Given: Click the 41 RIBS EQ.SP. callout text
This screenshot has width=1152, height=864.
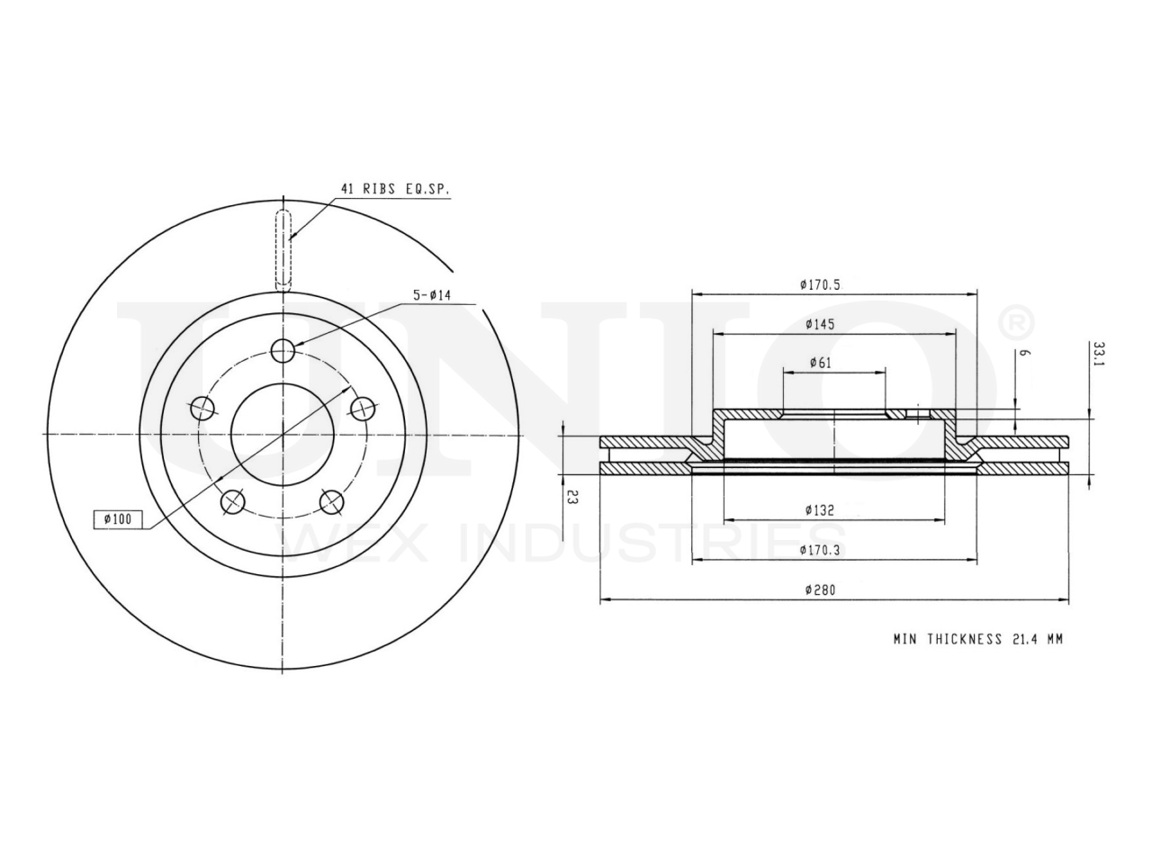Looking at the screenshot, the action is (x=395, y=189).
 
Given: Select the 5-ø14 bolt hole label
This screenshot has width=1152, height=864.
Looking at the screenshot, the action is (x=432, y=295).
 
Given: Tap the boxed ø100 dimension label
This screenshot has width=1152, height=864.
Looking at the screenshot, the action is (x=118, y=519).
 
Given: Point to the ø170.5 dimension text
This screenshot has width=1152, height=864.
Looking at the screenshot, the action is (x=820, y=284).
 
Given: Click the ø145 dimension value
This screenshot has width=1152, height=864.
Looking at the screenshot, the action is (x=820, y=324).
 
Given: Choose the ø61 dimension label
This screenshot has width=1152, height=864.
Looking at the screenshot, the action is (x=820, y=363).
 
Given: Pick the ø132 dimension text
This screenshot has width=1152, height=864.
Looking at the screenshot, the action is (x=819, y=509).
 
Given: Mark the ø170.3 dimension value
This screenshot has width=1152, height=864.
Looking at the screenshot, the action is (x=819, y=550).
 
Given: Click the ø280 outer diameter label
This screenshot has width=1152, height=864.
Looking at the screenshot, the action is (x=820, y=589).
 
